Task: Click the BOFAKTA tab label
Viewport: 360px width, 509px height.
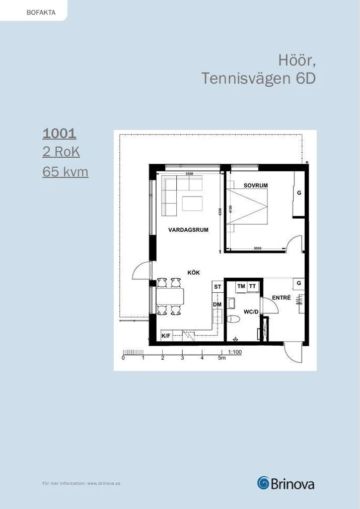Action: tap(41, 13)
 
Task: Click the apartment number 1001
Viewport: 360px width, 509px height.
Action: tap(59, 133)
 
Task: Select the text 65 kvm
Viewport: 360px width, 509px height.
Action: tap(65, 171)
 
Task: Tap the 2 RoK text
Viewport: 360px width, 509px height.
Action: tap(61, 152)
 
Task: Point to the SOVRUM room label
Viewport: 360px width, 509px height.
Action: tap(256, 185)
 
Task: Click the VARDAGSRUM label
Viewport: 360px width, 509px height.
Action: tap(188, 230)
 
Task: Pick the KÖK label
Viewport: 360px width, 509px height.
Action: tap(194, 272)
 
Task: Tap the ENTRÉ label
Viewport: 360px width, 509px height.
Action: tap(281, 297)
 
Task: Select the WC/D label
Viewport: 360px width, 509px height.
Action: tap(251, 312)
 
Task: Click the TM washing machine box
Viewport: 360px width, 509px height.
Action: tap(241, 286)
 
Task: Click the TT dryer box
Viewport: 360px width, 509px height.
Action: tap(253, 286)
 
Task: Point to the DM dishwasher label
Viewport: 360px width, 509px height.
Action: tap(218, 304)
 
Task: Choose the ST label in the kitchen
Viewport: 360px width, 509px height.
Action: tap(218, 287)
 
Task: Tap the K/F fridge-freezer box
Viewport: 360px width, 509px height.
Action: tap(166, 336)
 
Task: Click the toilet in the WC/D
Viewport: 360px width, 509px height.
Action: tap(233, 319)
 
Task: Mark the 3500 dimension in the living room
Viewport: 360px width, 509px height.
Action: tap(189, 174)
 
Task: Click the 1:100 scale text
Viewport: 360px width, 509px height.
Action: tap(235, 352)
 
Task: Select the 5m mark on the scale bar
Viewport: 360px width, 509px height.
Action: tap(222, 358)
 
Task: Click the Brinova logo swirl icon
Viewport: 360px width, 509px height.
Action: tap(263, 483)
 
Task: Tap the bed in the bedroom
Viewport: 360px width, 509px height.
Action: tap(247, 206)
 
